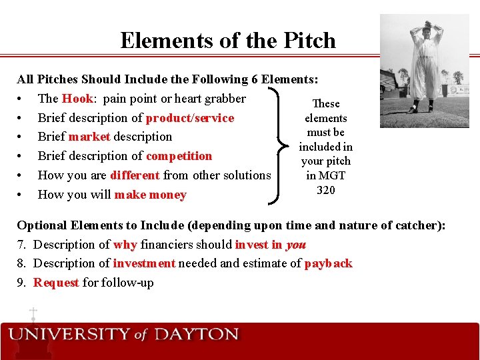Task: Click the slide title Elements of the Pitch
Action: (228, 41)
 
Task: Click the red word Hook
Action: (77, 99)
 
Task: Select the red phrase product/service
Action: (190, 118)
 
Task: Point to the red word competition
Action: (179, 156)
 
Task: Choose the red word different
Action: (135, 175)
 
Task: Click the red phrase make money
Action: (150, 195)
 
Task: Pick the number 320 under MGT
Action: (325, 190)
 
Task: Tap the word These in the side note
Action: (326, 103)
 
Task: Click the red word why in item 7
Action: (125, 245)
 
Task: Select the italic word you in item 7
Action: (296, 245)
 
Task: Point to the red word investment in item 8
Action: (144, 263)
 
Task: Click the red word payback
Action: (328, 263)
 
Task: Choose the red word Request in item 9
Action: (56, 283)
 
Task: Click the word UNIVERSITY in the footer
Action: (69, 334)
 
